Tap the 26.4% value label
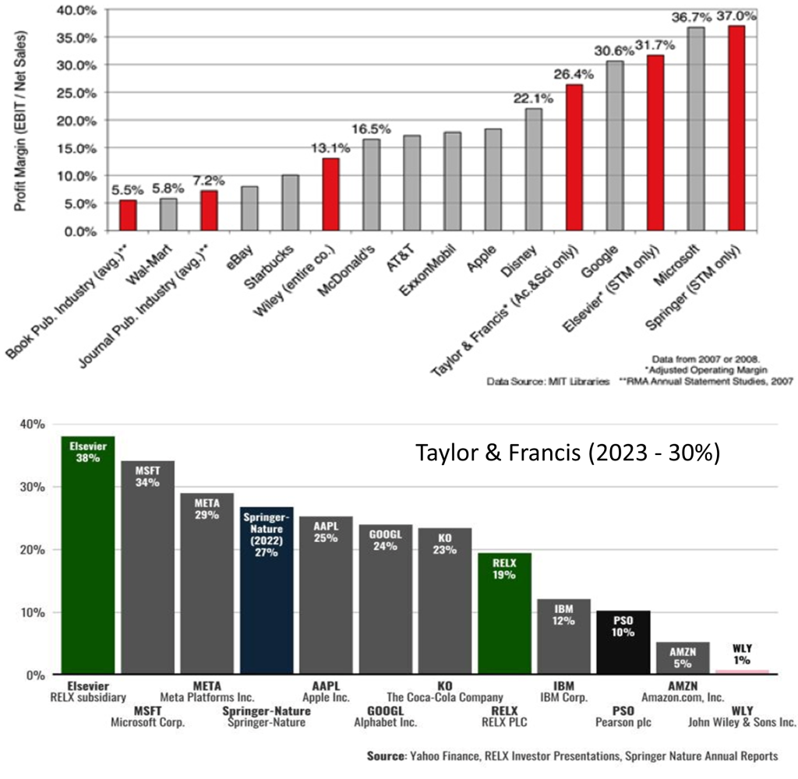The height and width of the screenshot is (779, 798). tap(574, 75)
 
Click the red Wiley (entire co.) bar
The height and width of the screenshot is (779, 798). tap(330, 194)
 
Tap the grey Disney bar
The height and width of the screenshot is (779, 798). tap(533, 170)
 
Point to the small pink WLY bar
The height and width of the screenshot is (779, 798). tap(741, 671)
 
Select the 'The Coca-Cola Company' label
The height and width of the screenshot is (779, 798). tap(445, 697)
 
